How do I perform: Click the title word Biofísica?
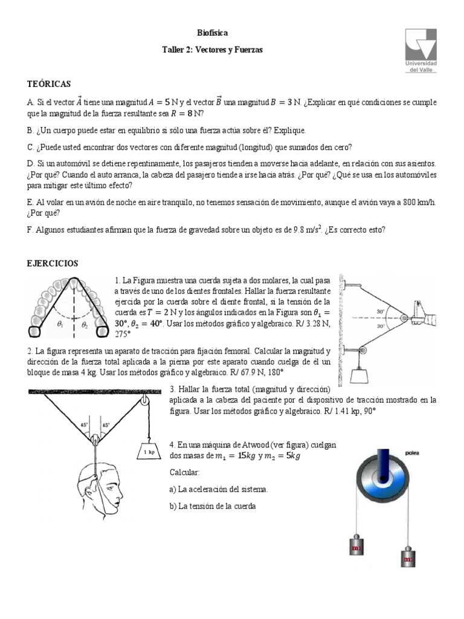coord(213,33)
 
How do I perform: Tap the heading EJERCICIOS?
coord(52,264)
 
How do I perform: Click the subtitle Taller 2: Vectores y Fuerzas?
coord(213,51)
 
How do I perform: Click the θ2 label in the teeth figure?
coord(86,323)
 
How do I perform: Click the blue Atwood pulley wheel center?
coord(384,478)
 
